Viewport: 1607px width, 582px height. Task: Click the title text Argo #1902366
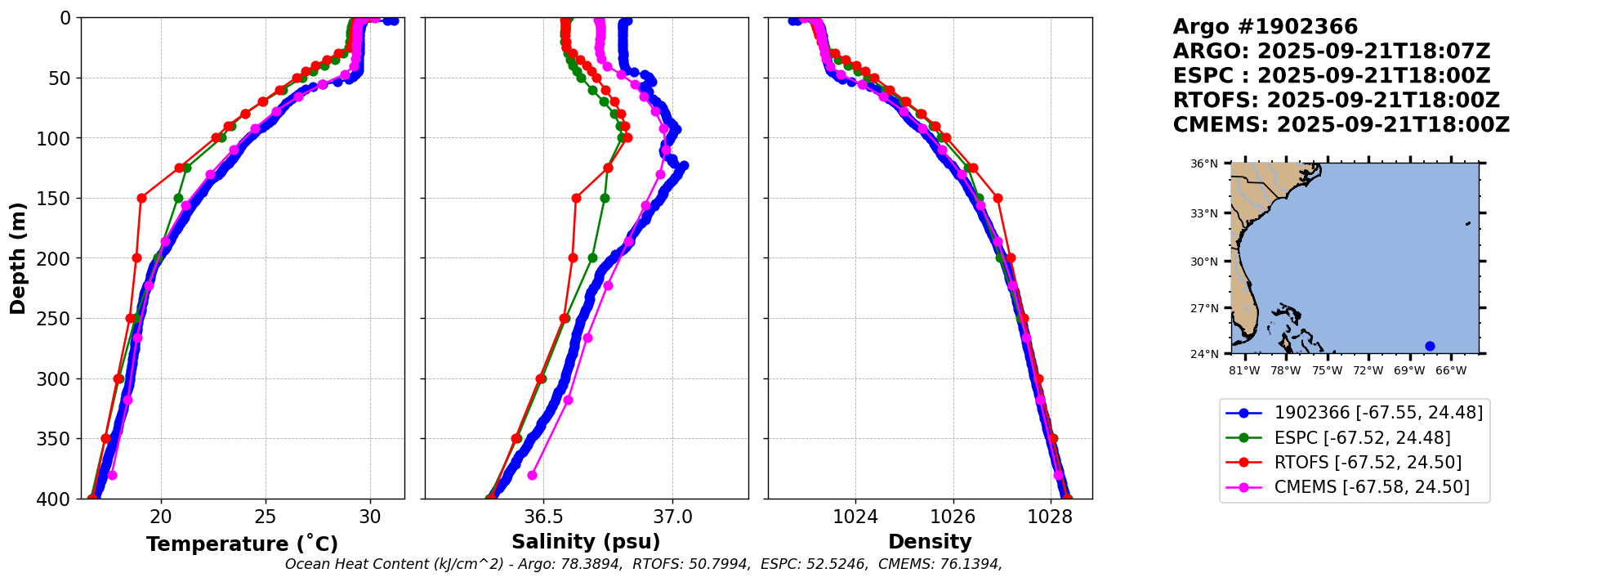pyautogui.click(x=1265, y=27)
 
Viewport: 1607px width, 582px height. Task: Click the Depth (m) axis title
pyautogui.click(x=18, y=258)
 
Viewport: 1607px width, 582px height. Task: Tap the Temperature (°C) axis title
pyautogui.click(x=242, y=544)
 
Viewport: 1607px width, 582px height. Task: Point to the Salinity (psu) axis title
pyautogui.click(x=586, y=542)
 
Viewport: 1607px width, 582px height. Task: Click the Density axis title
pyautogui.click(x=930, y=542)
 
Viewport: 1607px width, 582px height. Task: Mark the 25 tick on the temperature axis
pyautogui.click(x=266, y=517)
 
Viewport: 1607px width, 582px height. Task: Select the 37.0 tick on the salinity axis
pyautogui.click(x=672, y=517)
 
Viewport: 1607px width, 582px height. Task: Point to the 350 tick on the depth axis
pyautogui.click(x=57, y=439)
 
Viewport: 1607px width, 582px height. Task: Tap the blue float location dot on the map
pyautogui.click(x=1430, y=346)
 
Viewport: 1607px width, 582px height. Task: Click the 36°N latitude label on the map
pyautogui.click(x=1203, y=164)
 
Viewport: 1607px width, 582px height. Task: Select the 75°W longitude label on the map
pyautogui.click(x=1327, y=371)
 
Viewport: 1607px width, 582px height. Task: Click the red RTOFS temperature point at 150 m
pyautogui.click(x=141, y=198)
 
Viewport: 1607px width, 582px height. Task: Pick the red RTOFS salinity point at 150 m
pyautogui.click(x=576, y=198)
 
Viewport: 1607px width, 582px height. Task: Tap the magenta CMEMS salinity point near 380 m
pyautogui.click(x=532, y=475)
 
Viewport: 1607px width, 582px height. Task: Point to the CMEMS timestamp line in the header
pyautogui.click(x=1341, y=125)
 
